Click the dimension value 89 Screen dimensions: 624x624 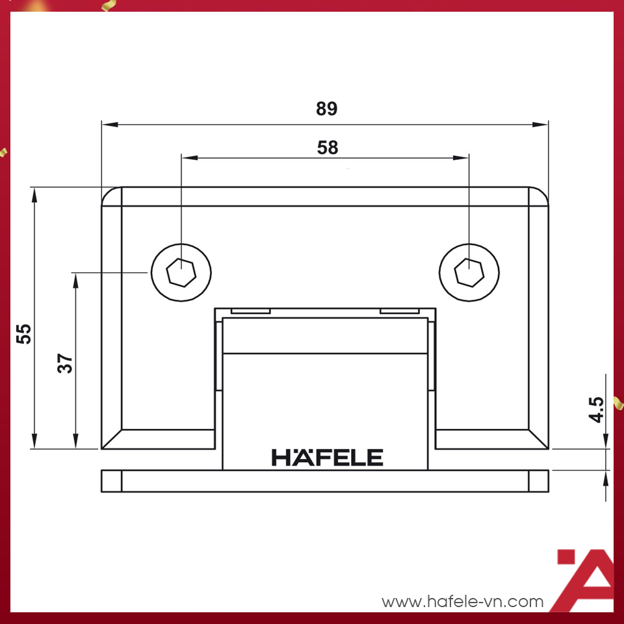pyautogui.click(x=327, y=109)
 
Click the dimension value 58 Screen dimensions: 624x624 pyautogui.click(x=328, y=148)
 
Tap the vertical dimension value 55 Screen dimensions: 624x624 pyautogui.click(x=23, y=334)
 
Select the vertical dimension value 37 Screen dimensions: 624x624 pyautogui.click(x=65, y=363)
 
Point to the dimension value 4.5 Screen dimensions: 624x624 pyautogui.click(x=597, y=411)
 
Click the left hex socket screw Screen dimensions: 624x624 pyautogui.click(x=181, y=272)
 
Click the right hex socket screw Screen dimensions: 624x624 pyautogui.click(x=469, y=272)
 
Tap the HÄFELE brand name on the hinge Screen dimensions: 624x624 pyautogui.click(x=327, y=457)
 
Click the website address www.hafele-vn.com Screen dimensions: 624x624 pyautogui.click(x=462, y=601)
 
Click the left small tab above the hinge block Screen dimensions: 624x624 pyautogui.click(x=250, y=311)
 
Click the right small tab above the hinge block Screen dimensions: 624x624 pyautogui.click(x=400, y=311)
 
